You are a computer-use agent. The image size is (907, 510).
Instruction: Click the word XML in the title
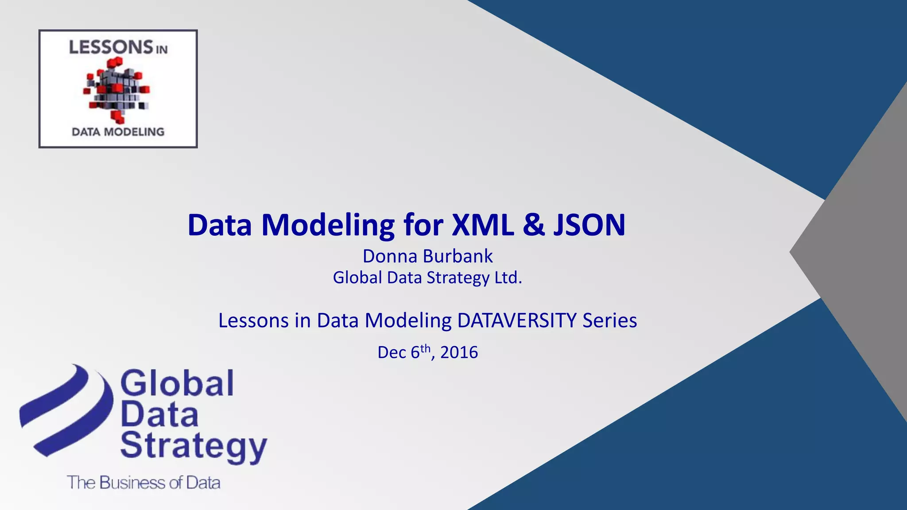pyautogui.click(x=483, y=225)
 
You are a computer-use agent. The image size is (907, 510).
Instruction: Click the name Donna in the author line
pyautogui.click(x=390, y=256)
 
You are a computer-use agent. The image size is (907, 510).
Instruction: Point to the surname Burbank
pyautogui.click(x=458, y=256)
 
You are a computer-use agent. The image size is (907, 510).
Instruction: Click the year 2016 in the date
pyautogui.click(x=459, y=352)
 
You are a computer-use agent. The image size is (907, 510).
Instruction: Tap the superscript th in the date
pyautogui.click(x=425, y=348)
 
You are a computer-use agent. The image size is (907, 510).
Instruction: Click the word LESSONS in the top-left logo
pyautogui.click(x=111, y=47)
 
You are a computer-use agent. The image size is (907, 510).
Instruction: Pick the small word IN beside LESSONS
pyautogui.click(x=162, y=50)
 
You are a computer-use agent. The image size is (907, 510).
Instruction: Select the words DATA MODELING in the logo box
pyautogui.click(x=118, y=131)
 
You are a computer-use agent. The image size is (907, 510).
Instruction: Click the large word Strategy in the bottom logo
pyautogui.click(x=194, y=446)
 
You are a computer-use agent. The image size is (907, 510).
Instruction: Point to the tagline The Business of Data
pyautogui.click(x=143, y=483)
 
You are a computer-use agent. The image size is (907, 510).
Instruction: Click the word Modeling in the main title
pyautogui.click(x=328, y=225)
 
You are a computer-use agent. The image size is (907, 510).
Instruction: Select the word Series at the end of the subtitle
pyautogui.click(x=609, y=321)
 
